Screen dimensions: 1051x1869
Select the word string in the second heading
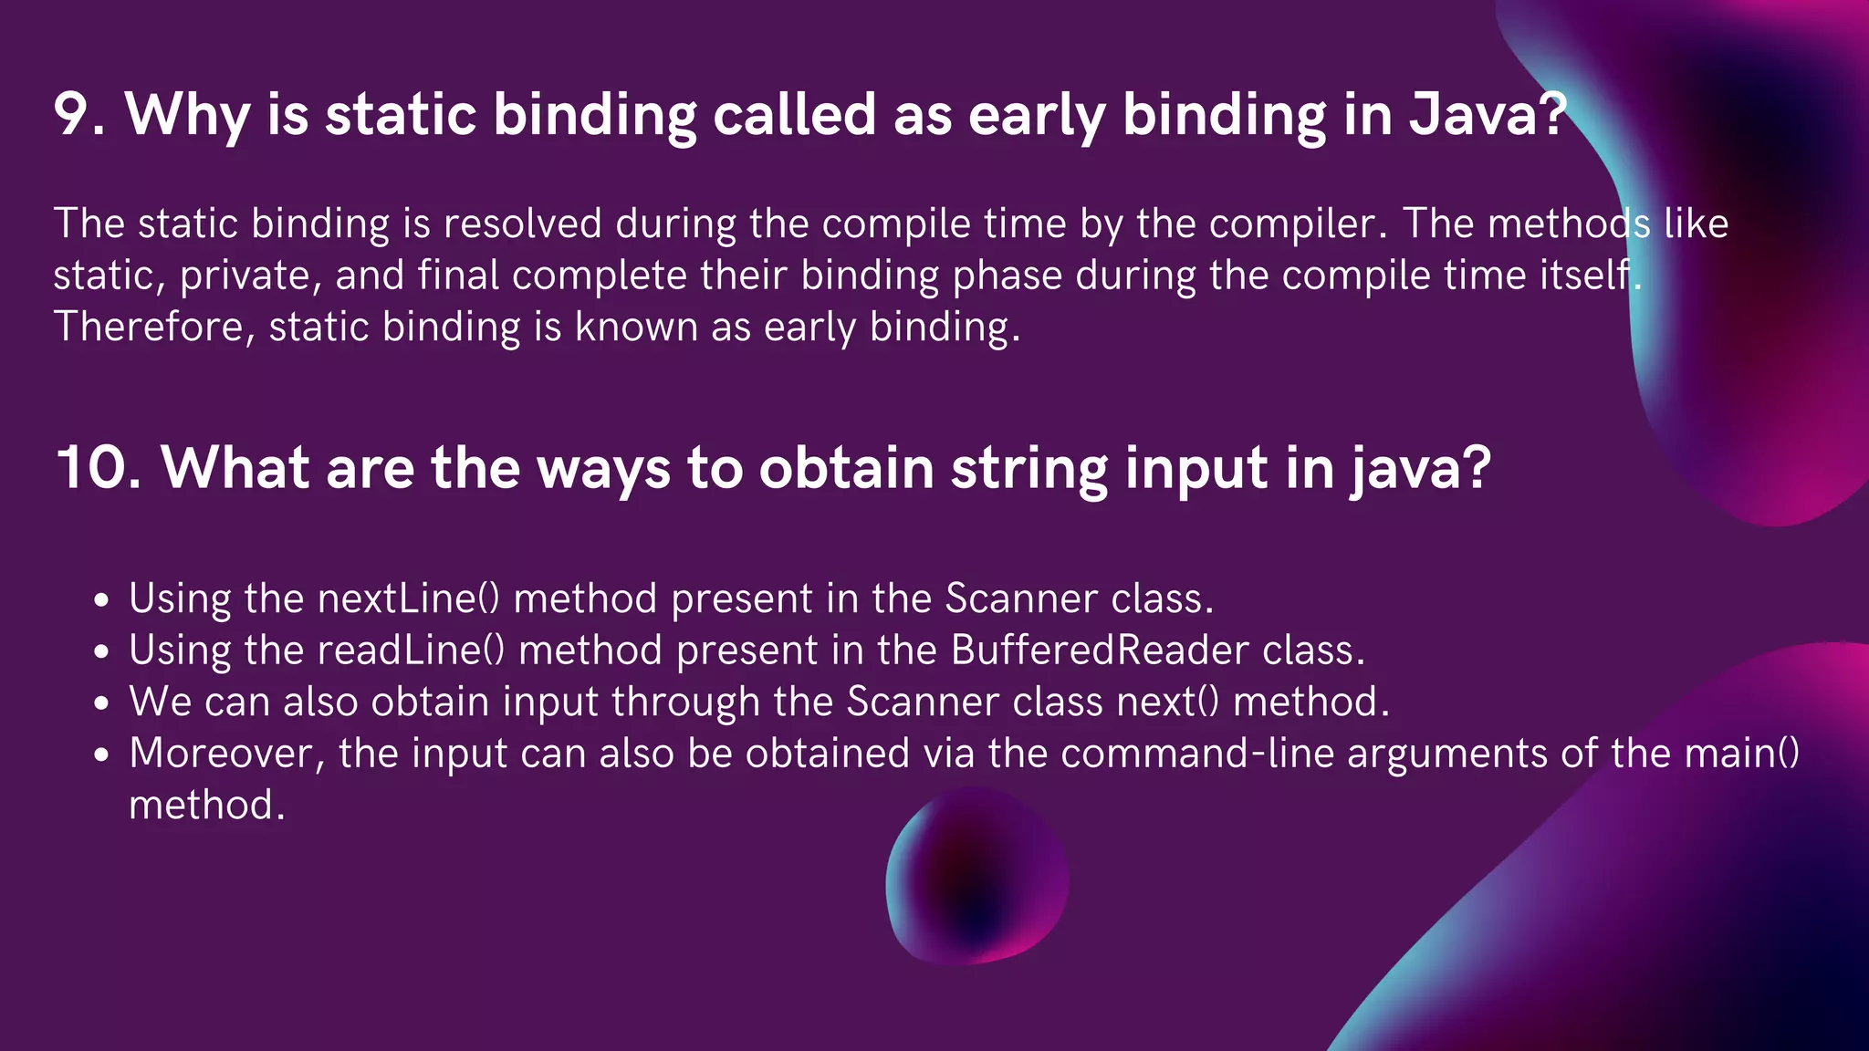point(1028,468)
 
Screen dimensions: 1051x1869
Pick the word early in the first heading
point(1037,115)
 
